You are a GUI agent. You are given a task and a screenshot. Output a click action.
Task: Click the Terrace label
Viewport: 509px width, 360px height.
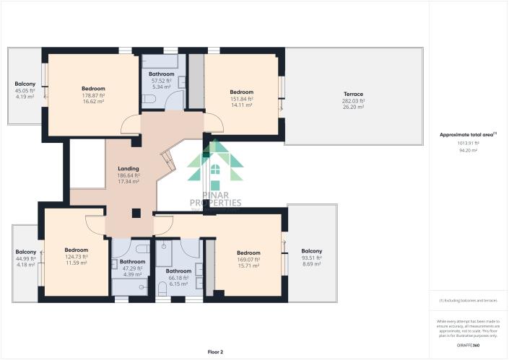353,94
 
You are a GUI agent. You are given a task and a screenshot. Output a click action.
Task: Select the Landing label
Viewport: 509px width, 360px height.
129,169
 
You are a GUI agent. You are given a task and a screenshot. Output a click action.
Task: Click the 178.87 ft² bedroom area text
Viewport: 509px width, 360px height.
93,95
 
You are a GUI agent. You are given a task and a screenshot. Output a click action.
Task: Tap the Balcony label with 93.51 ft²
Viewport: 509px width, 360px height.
311,251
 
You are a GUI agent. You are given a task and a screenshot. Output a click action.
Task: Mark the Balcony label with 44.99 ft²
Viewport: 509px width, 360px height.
25,253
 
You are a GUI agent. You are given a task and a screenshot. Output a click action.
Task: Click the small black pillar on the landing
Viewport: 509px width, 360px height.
135,212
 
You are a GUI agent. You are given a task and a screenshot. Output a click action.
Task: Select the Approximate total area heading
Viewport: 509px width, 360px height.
468,135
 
